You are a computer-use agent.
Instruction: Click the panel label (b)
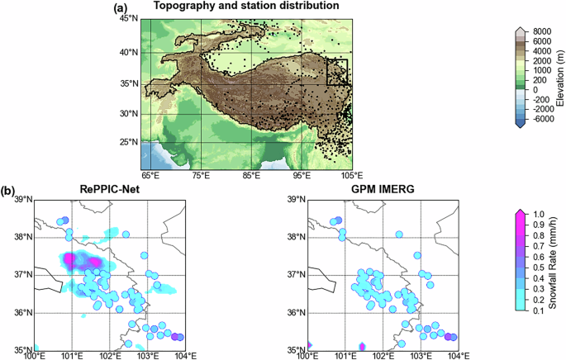pos(7,190)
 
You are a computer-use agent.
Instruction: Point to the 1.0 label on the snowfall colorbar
pos(536,215)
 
